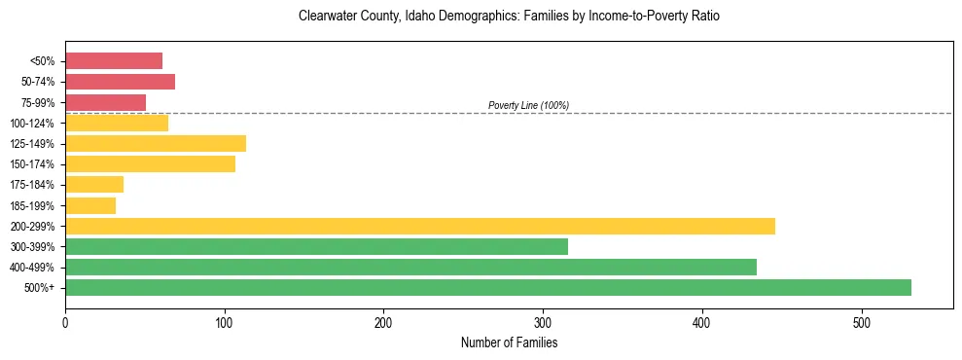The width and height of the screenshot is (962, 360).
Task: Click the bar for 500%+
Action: [487, 287]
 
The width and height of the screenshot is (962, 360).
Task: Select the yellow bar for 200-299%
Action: [419, 226]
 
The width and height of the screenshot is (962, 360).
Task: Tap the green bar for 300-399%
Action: [316, 246]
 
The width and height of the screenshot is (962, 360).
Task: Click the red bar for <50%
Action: [113, 61]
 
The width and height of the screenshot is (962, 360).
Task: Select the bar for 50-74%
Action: [120, 82]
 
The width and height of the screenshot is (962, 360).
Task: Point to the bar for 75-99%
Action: [105, 102]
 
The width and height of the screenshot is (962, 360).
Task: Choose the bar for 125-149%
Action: [155, 143]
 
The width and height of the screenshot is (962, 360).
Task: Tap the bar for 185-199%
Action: [90, 205]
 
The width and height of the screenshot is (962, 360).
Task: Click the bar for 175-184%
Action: [94, 185]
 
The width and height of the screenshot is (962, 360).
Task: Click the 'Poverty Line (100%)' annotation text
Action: [528, 105]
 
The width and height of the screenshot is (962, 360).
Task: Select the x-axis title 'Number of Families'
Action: [509, 342]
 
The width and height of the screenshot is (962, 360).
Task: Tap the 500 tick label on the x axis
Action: [861, 321]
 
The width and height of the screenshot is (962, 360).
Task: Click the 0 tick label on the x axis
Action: [65, 321]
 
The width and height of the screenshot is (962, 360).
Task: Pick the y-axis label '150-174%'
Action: [32, 164]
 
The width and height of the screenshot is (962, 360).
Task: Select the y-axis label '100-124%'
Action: [32, 124]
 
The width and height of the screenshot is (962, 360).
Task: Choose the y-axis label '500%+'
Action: [38, 288]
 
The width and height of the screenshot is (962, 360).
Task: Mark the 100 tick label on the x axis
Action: [225, 321]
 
